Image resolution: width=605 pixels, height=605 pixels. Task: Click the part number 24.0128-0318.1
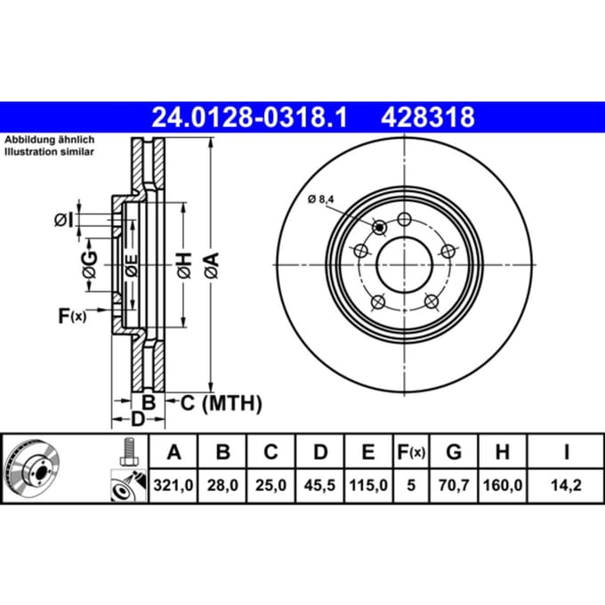[250, 117]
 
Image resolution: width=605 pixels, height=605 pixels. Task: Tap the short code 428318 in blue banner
[428, 117]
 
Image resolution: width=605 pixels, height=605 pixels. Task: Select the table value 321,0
[173, 485]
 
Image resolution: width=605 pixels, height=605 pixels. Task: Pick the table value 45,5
[319, 485]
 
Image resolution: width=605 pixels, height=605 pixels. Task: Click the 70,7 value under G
[454, 485]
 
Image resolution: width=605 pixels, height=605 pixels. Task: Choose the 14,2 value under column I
[566, 485]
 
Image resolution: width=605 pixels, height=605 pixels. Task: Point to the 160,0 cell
[503, 485]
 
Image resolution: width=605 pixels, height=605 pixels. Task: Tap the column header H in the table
[503, 451]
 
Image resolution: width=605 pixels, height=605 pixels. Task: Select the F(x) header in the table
[411, 452]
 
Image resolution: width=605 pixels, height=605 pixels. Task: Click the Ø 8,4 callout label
[320, 199]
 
